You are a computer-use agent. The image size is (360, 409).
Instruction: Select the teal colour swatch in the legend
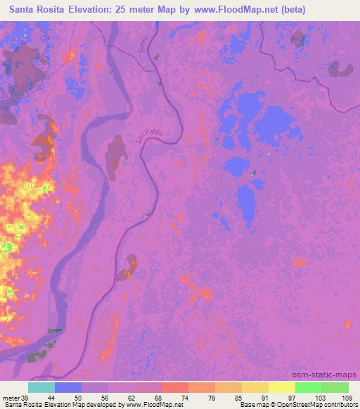pos(41,387)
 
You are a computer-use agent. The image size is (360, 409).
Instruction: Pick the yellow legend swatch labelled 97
pos(282,387)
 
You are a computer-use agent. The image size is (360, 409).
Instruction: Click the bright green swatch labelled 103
pos(309,387)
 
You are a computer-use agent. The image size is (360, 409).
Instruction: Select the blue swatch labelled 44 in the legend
pos(68,387)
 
